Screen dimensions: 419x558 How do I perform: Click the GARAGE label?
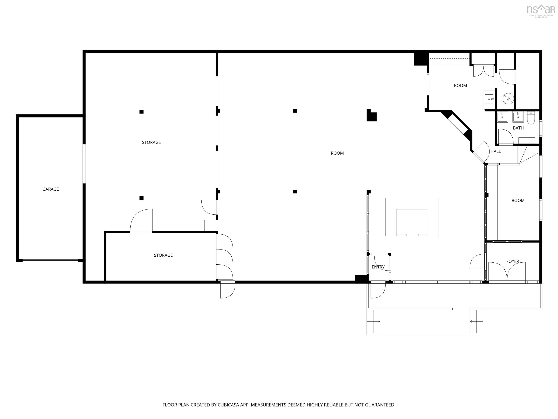(50, 189)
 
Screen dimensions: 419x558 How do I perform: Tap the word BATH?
(518, 128)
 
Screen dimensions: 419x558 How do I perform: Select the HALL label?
(496, 151)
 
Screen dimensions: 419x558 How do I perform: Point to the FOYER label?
(513, 261)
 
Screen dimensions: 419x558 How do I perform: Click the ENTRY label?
(378, 267)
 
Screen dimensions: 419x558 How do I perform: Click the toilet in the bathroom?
(531, 118)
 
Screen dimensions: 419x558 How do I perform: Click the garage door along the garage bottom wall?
(50, 260)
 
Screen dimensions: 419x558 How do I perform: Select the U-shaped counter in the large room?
(412, 217)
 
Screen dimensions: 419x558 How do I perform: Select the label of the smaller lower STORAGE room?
(163, 255)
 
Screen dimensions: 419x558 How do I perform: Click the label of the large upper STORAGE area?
(151, 142)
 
